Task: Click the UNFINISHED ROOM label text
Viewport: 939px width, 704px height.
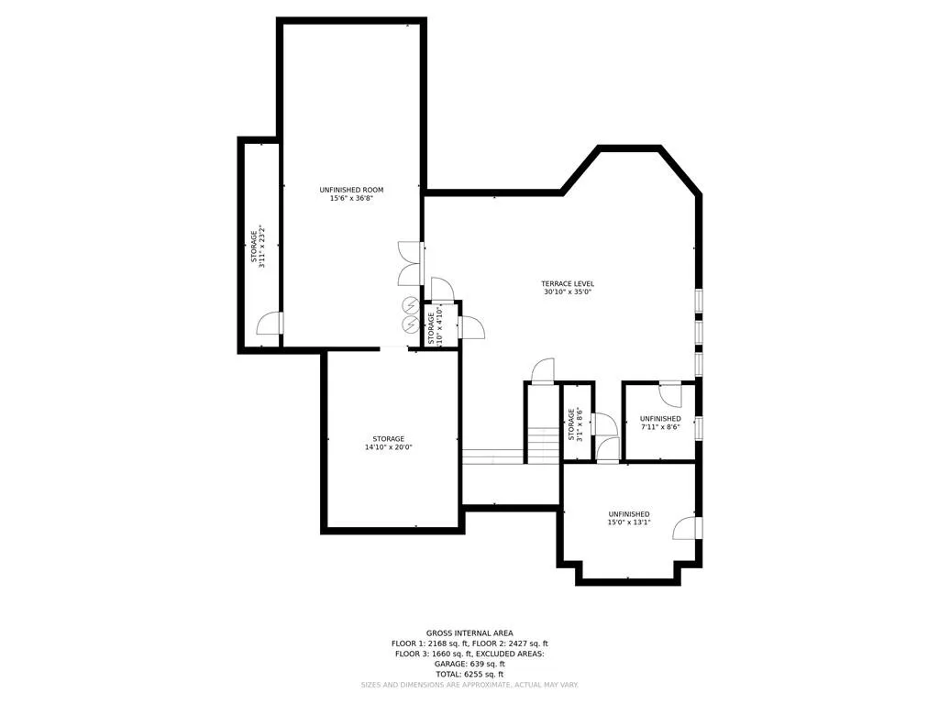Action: (x=351, y=189)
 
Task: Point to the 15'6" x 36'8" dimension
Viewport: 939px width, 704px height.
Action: (x=351, y=198)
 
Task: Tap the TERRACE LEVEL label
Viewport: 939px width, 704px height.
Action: (x=568, y=283)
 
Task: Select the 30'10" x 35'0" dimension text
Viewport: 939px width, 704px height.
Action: (x=568, y=292)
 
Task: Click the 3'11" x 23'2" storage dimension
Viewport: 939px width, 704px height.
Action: (x=262, y=247)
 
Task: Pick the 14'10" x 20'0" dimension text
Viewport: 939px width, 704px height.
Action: (x=388, y=447)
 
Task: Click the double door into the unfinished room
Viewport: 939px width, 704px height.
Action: (x=409, y=263)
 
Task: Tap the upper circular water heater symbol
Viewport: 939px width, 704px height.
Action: (x=410, y=306)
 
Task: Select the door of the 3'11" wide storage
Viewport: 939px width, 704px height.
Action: (x=270, y=324)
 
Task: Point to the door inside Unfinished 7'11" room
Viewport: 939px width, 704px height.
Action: (x=672, y=394)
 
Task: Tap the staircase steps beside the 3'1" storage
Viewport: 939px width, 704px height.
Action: (x=543, y=444)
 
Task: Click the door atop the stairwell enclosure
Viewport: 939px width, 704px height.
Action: (x=543, y=370)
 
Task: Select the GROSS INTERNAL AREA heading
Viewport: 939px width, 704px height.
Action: (x=469, y=632)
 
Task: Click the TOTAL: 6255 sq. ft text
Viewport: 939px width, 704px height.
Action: (x=469, y=674)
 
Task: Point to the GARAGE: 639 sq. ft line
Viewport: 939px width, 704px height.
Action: (x=469, y=664)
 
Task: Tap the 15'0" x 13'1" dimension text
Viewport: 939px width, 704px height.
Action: (x=629, y=523)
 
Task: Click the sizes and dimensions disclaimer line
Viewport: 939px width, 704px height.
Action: (x=469, y=685)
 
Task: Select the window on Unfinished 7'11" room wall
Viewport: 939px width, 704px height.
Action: (x=699, y=428)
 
